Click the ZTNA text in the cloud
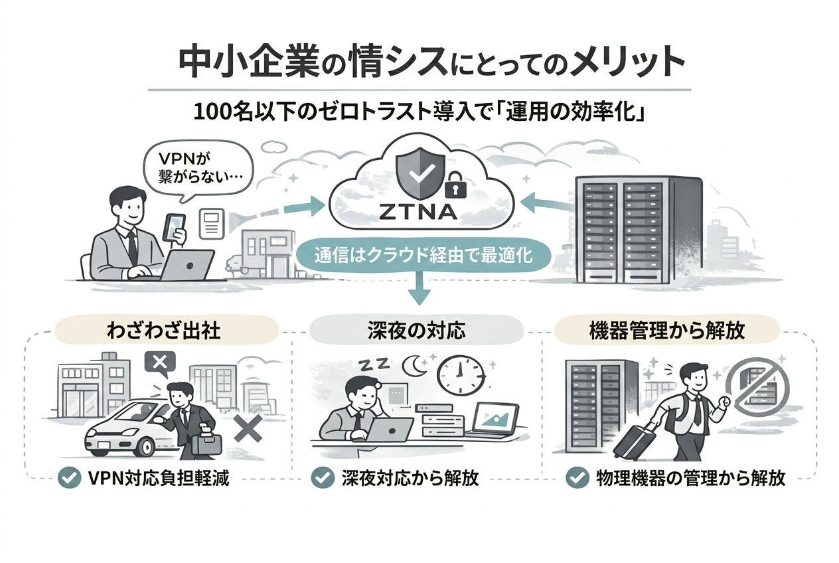419,212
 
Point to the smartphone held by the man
174,226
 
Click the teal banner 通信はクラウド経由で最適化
419,255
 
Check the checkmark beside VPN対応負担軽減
66,479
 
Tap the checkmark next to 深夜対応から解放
322,479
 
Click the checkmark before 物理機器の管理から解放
576,479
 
